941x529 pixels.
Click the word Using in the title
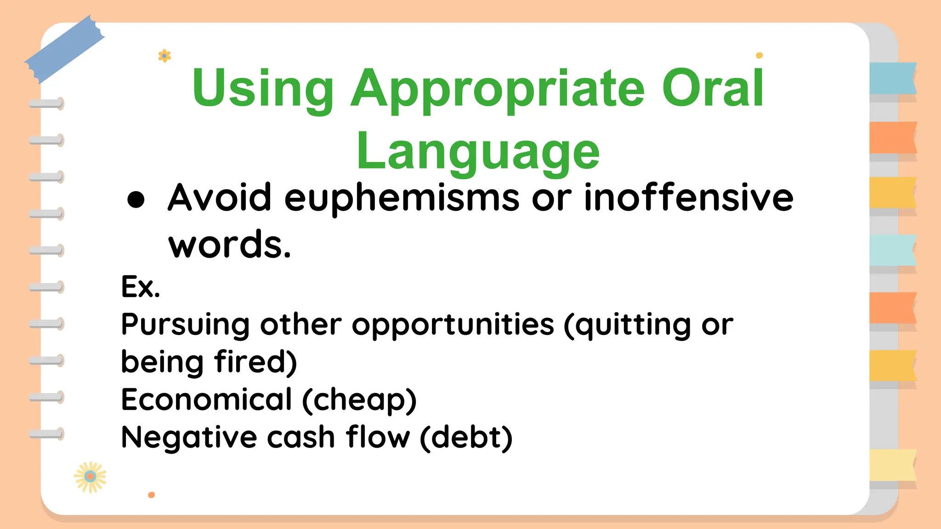click(263, 89)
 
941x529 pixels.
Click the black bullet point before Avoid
click(136, 200)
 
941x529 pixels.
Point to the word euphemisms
click(402, 198)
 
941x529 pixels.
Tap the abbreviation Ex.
click(141, 287)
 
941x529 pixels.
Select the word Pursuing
click(185, 325)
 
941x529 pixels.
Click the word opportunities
click(453, 325)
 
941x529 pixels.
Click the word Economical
click(206, 399)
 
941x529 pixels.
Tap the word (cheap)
click(359, 400)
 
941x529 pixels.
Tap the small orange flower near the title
click(164, 56)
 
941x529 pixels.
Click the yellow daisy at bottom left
click(90, 477)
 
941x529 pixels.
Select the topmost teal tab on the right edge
click(892, 79)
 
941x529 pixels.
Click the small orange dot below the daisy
click(151, 495)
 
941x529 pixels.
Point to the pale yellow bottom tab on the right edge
click(892, 465)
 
